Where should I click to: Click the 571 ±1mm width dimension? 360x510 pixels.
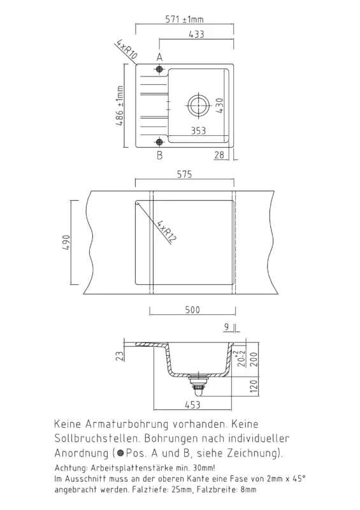(x=184, y=20)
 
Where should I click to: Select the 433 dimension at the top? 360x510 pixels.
(x=196, y=34)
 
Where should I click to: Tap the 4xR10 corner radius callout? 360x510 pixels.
(x=126, y=50)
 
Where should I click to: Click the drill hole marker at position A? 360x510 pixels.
(x=159, y=69)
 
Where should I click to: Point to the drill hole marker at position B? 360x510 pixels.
(x=159, y=142)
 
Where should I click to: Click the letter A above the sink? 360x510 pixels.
(x=159, y=57)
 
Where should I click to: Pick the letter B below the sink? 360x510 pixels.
(x=159, y=155)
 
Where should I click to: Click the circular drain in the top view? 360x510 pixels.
(x=198, y=105)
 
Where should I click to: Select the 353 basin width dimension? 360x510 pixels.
(x=198, y=131)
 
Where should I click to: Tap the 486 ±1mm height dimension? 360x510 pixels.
(x=120, y=106)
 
